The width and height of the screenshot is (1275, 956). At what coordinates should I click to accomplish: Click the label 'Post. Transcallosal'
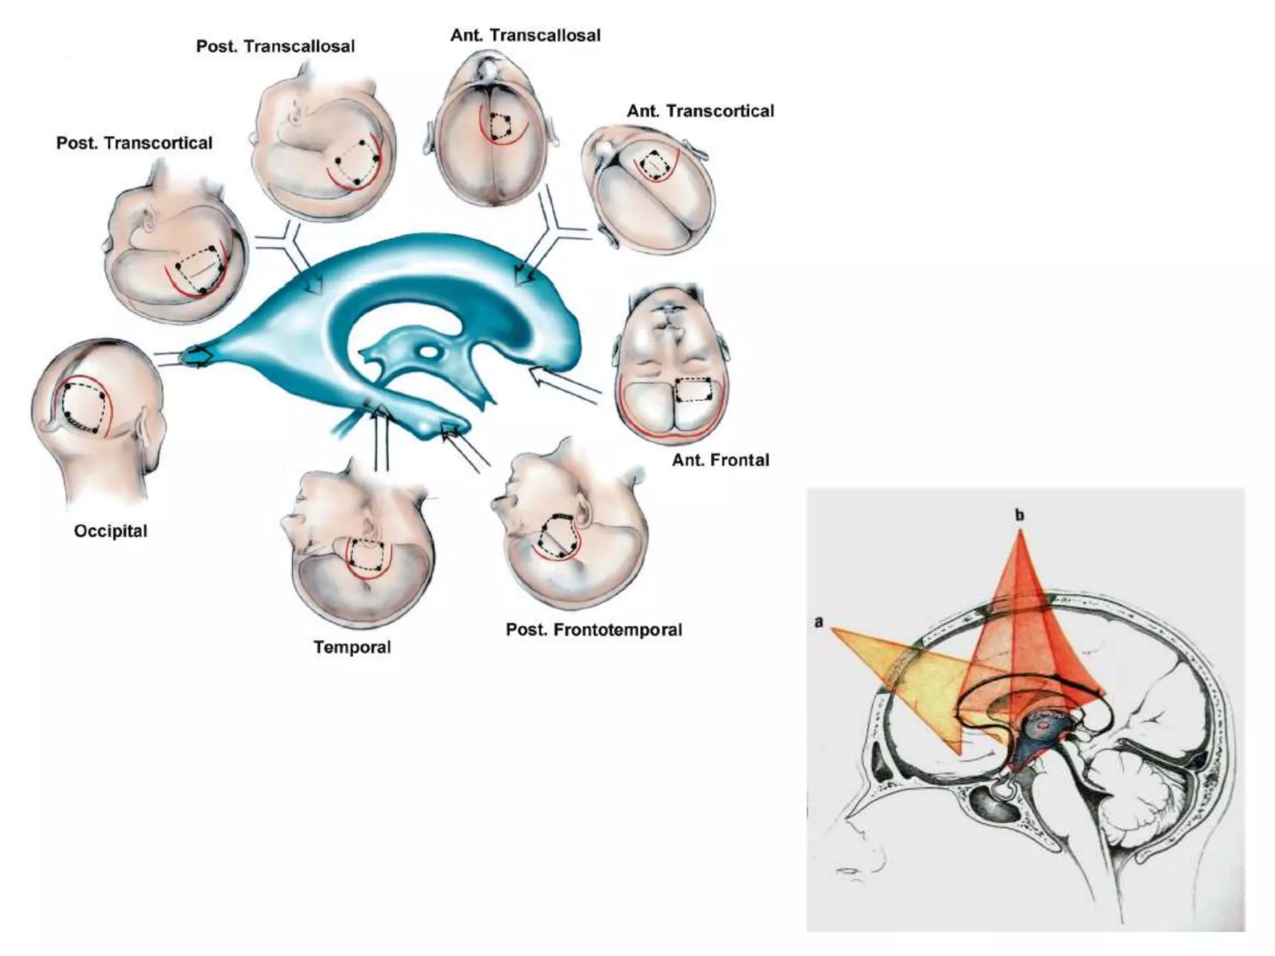275,47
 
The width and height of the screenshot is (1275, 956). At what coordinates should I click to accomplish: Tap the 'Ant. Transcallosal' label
525,35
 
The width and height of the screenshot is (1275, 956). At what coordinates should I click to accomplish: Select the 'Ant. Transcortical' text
700,111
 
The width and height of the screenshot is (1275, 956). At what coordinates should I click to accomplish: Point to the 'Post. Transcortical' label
134,143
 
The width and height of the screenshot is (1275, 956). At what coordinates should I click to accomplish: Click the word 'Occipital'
111,531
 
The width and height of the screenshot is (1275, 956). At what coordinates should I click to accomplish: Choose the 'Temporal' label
352,647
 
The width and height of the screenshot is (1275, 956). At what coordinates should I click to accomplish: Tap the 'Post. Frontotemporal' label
594,630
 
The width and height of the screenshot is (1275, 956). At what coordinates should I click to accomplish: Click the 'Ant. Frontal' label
720,460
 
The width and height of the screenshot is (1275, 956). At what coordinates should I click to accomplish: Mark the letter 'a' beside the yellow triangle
819,622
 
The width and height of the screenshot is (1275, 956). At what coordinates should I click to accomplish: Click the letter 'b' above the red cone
1019,515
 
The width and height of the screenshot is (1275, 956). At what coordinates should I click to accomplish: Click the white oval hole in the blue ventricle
429,352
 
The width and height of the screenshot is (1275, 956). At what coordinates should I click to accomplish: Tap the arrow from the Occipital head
187,358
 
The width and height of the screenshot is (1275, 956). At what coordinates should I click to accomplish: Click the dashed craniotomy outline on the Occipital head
83,408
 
